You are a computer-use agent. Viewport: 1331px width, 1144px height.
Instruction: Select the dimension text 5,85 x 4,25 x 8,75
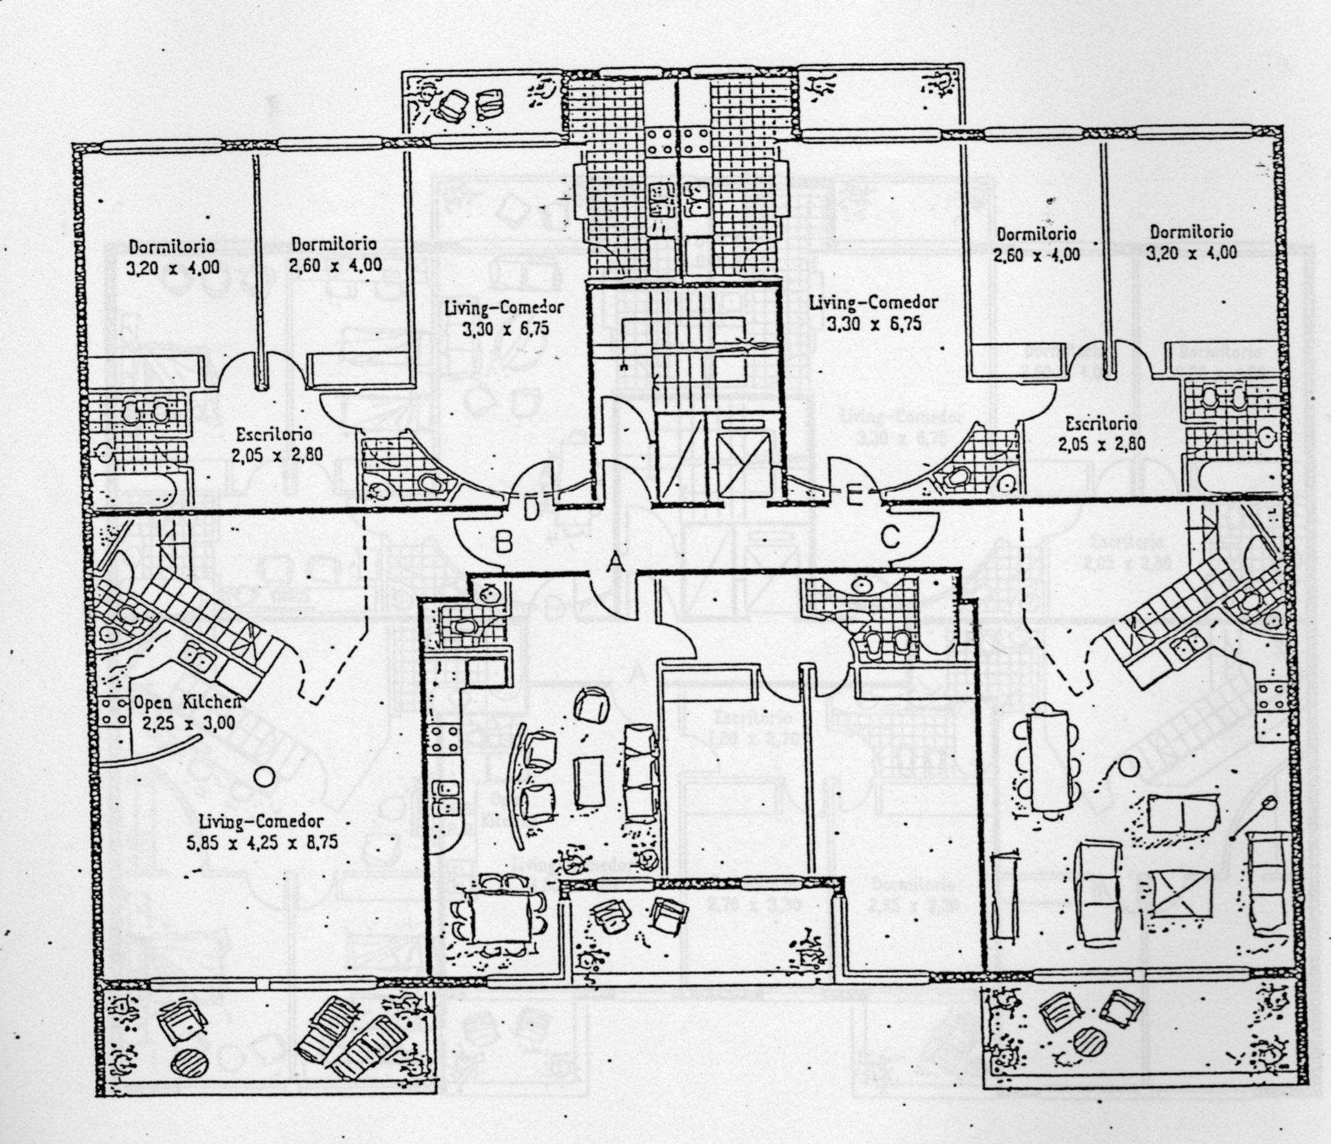(262, 843)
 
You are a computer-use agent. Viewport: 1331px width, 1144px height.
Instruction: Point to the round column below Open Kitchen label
(264, 776)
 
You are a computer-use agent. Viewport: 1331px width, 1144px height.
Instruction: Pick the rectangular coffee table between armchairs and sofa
(589, 781)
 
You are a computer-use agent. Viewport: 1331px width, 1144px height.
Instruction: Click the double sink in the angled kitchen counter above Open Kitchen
(198, 656)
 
